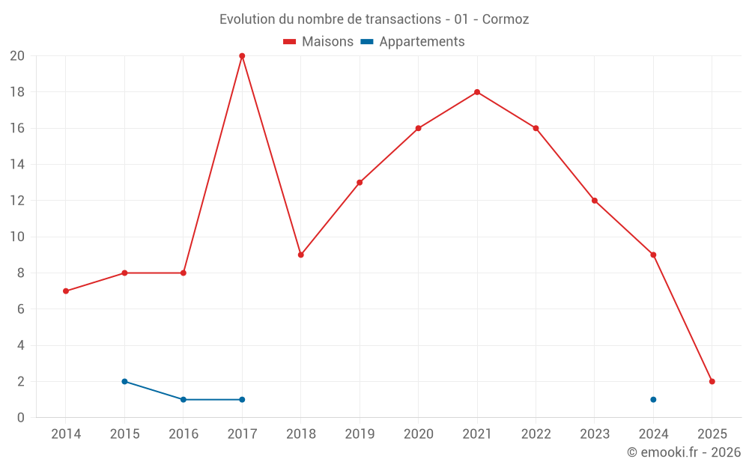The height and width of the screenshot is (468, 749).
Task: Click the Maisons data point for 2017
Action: click(x=242, y=56)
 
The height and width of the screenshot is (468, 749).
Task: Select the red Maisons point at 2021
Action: click(x=477, y=92)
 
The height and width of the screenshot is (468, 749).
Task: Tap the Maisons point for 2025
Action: click(x=712, y=381)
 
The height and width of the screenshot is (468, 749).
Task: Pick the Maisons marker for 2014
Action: click(x=66, y=291)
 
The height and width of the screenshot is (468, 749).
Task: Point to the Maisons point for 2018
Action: click(x=300, y=255)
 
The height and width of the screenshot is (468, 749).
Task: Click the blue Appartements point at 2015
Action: click(x=124, y=381)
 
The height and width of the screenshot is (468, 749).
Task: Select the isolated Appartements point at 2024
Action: click(x=653, y=399)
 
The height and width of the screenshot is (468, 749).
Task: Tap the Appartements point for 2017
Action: click(x=242, y=399)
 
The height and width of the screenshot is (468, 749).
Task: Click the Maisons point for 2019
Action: click(x=360, y=182)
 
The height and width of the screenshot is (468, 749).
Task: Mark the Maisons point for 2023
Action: click(x=595, y=201)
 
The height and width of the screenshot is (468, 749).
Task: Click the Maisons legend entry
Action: click(x=318, y=42)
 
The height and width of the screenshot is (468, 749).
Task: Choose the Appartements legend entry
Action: click(x=413, y=42)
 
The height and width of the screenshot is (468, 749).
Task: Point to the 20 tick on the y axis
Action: click(x=17, y=56)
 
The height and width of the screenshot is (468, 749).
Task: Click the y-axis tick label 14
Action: click(x=17, y=165)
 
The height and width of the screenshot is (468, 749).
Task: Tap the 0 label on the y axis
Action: click(x=21, y=417)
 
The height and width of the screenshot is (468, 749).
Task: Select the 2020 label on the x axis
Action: click(x=418, y=434)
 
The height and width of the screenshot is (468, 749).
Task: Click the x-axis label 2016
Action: click(x=184, y=434)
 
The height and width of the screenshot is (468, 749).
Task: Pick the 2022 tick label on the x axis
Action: click(x=536, y=434)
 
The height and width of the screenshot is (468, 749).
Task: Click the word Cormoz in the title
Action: click(x=506, y=19)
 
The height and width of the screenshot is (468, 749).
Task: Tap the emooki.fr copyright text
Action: click(x=683, y=452)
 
